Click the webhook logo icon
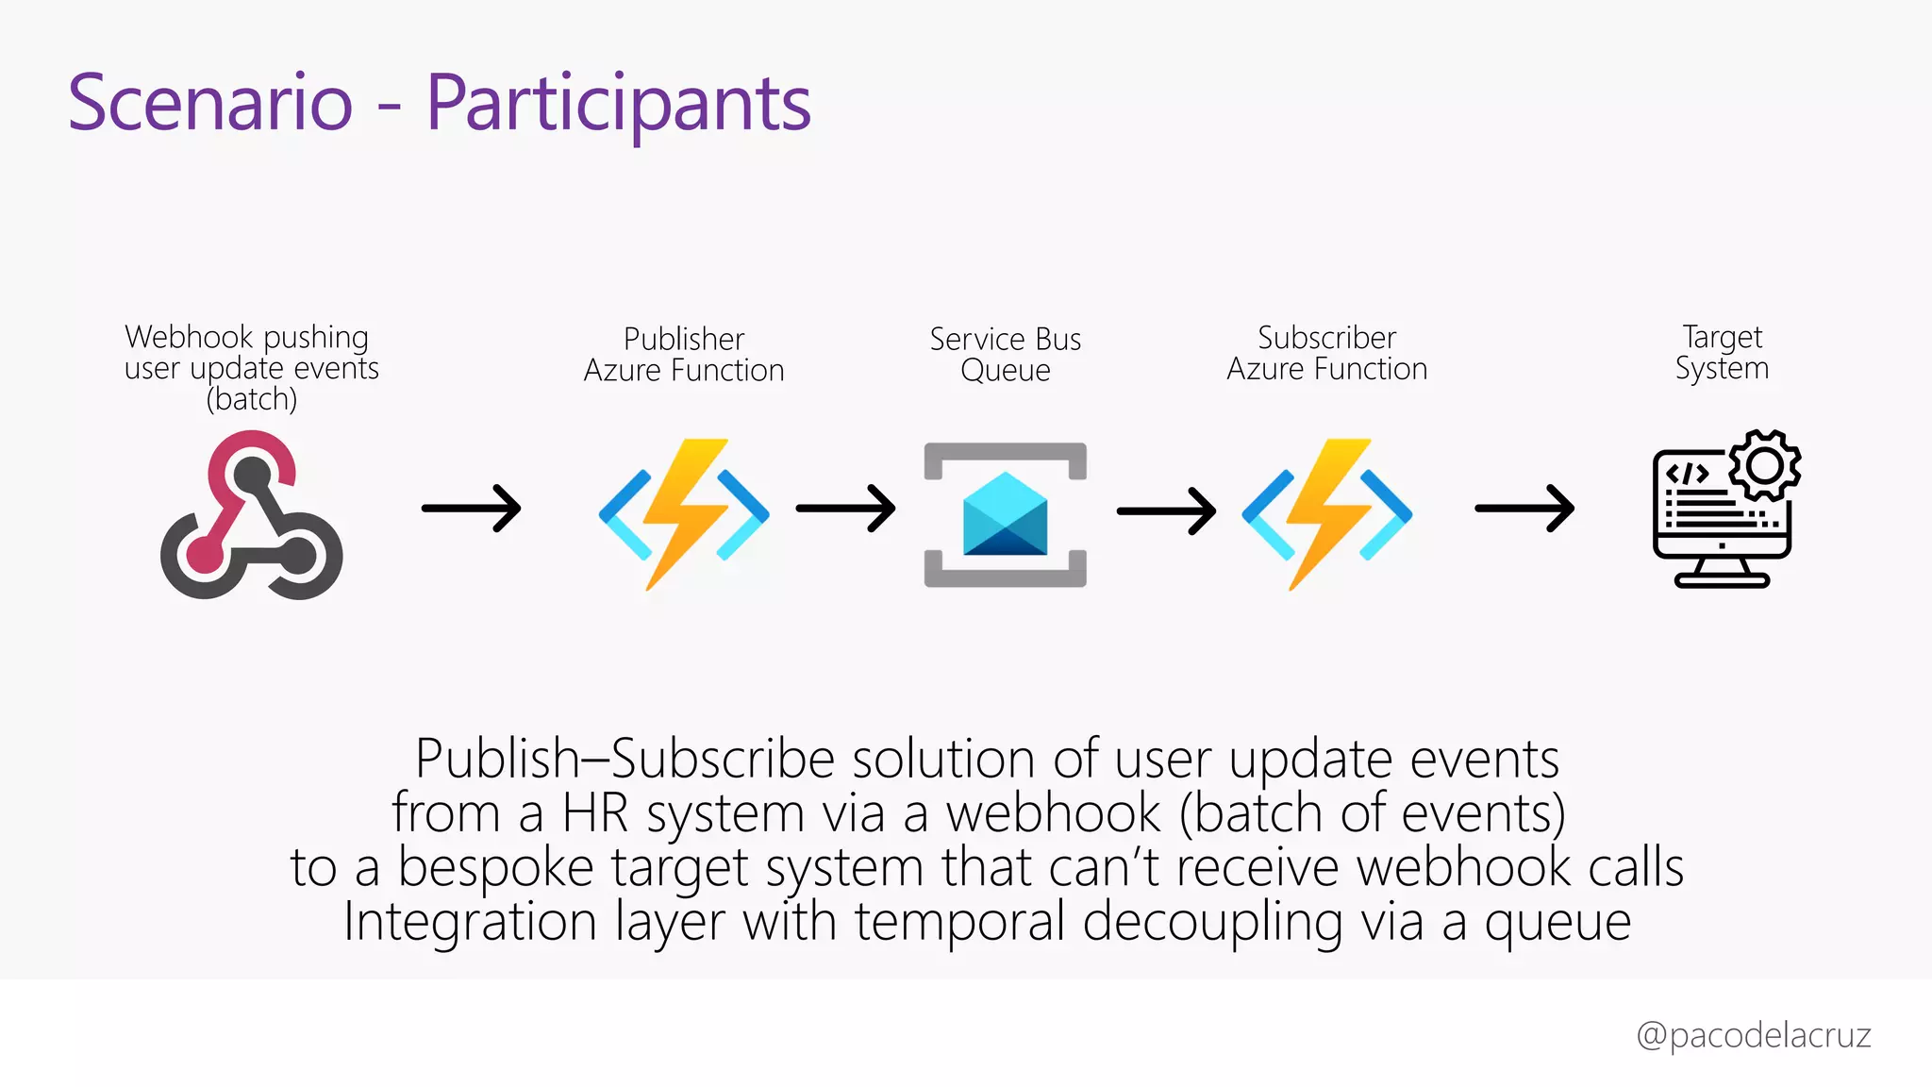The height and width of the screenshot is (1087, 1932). click(251, 515)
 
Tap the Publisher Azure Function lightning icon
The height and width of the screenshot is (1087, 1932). click(685, 514)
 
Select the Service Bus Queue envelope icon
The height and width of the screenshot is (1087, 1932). click(1006, 515)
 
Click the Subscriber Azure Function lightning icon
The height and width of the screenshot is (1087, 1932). click(1327, 514)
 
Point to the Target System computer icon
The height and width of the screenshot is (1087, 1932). click(1722, 514)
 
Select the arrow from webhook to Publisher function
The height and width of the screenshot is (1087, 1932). click(471, 509)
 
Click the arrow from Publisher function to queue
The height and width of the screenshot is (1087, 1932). click(845, 509)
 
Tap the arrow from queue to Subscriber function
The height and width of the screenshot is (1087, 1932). click(1166, 511)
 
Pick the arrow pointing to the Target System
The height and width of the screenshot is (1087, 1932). click(1524, 509)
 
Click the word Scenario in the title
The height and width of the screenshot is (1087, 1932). click(210, 102)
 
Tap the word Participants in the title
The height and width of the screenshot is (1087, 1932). click(618, 104)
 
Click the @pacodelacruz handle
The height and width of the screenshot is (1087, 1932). click(1754, 1035)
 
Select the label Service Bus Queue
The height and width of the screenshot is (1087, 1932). click(1006, 354)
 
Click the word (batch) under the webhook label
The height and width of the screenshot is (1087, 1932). click(252, 399)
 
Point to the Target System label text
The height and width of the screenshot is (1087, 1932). click(1722, 352)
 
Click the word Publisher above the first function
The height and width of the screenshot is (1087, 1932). click(684, 339)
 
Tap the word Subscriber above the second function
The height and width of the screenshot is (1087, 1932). click(1326, 338)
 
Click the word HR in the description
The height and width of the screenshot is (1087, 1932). click(595, 813)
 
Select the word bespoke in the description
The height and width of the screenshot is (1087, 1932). click(495, 867)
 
